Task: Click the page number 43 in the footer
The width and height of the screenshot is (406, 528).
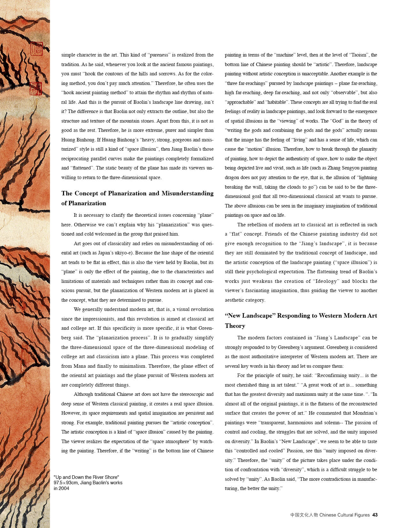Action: pyautogui.click(x=375, y=515)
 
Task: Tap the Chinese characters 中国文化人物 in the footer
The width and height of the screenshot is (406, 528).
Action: pyautogui.click(x=304, y=515)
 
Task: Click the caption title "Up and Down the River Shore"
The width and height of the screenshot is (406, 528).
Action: pyautogui.click(x=86, y=477)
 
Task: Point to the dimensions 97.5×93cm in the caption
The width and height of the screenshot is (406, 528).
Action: pyautogui.click(x=66, y=483)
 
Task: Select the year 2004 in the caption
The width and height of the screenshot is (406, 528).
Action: pyautogui.click(x=64, y=488)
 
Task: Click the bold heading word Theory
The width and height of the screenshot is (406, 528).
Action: pyautogui.click(x=235, y=326)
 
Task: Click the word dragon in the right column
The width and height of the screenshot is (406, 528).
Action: pyautogui.click(x=232, y=177)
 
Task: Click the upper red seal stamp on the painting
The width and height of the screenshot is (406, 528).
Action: pyautogui.click(x=36, y=48)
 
